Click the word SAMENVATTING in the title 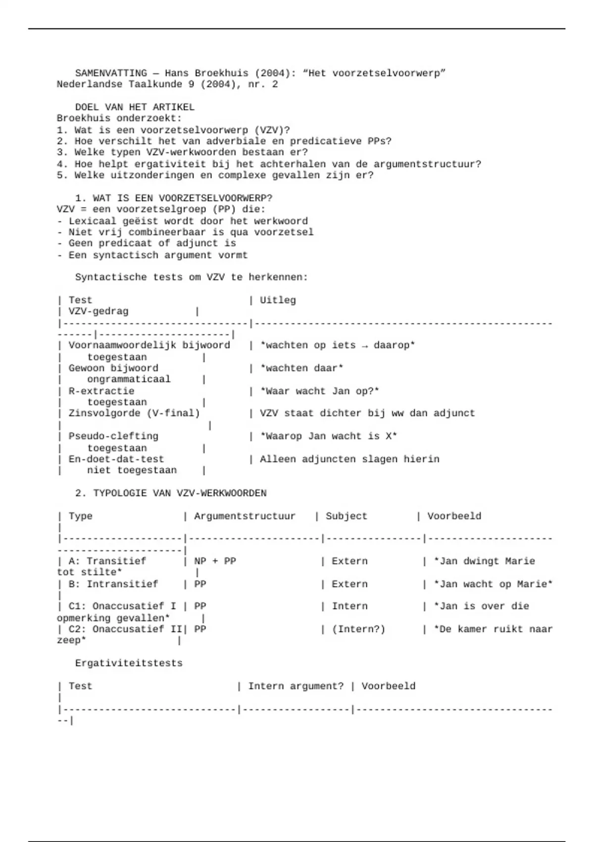(x=111, y=73)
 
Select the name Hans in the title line (x=177, y=73)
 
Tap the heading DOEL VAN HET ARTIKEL (x=135, y=107)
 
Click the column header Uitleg (x=278, y=300)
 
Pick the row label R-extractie (x=101, y=391)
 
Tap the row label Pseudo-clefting (x=113, y=436)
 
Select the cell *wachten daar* (x=302, y=368)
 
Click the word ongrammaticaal (x=129, y=379)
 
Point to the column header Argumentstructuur (x=245, y=516)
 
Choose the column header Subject (x=346, y=516)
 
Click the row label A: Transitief (x=107, y=561)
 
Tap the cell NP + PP (x=215, y=561)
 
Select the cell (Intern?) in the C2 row (x=358, y=629)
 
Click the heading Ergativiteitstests (x=129, y=663)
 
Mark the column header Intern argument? (x=296, y=686)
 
